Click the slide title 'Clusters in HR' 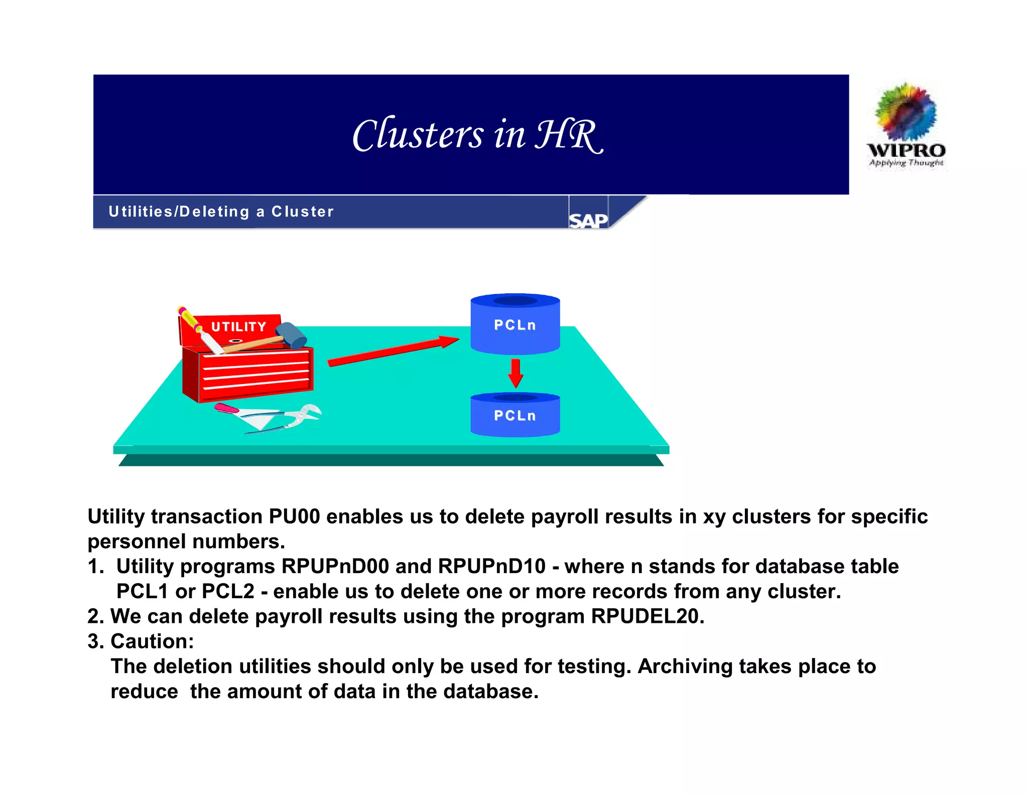click(x=477, y=135)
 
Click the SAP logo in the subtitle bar click(x=588, y=220)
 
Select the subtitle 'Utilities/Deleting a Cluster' click(x=221, y=212)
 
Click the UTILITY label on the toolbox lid click(x=238, y=327)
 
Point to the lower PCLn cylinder click(x=515, y=415)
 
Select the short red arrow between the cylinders click(x=516, y=373)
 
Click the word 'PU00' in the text click(x=295, y=516)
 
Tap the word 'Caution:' click(x=152, y=641)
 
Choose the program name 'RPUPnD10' click(x=491, y=566)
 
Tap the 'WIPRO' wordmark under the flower click(x=906, y=150)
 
